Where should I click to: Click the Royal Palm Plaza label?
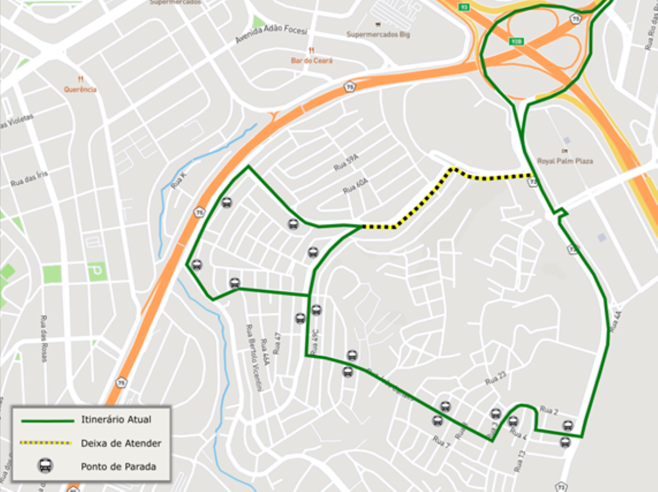click(x=565, y=161)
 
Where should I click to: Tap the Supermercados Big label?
click(x=378, y=34)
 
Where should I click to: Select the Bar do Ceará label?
click(x=311, y=60)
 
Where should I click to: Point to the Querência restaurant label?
click(x=80, y=89)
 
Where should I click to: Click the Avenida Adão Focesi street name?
click(x=271, y=34)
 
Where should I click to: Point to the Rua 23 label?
click(x=495, y=378)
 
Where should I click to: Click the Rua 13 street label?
click(x=520, y=461)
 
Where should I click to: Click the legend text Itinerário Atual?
click(x=116, y=420)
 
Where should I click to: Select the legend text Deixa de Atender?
click(x=121, y=443)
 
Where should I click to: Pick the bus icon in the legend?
click(x=46, y=466)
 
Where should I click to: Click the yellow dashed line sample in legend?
click(x=46, y=443)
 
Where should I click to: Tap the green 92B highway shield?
click(x=516, y=41)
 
